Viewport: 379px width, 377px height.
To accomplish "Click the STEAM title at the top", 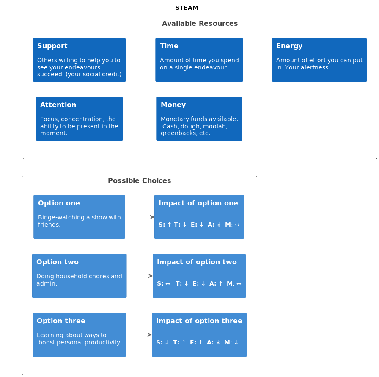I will (187, 8).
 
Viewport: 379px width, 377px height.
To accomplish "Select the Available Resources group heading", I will (200, 24).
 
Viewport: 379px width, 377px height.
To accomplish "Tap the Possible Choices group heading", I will (139, 181).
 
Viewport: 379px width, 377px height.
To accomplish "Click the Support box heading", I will (52, 46).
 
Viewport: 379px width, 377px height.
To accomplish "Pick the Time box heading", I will (169, 46).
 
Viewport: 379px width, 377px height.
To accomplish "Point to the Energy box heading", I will (289, 46).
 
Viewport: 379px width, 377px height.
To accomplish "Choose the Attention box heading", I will (58, 105).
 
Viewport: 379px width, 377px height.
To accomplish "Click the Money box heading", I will (173, 105).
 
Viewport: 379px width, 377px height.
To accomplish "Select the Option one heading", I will (59, 203).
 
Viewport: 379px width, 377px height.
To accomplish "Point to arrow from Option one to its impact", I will (140, 217).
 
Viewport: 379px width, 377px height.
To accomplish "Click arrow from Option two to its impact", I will (140, 276).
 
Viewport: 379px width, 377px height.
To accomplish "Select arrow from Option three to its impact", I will (139, 335).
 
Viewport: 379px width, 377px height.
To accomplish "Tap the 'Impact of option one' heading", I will (198, 203).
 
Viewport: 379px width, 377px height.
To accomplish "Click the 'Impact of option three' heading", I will (199, 321).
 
